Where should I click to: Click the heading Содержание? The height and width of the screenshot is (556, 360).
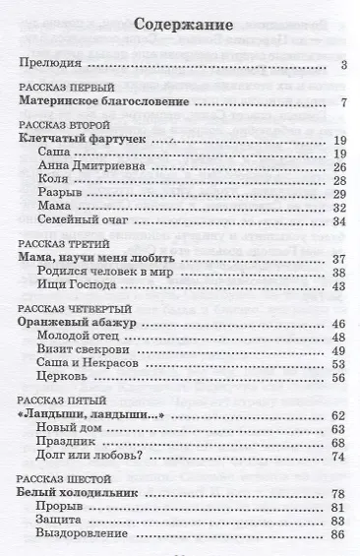(181, 27)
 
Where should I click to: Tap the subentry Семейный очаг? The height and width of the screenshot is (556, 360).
(78, 221)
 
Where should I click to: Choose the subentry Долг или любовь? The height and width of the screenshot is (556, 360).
(88, 456)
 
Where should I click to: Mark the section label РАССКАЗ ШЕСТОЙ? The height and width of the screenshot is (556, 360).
(61, 477)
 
